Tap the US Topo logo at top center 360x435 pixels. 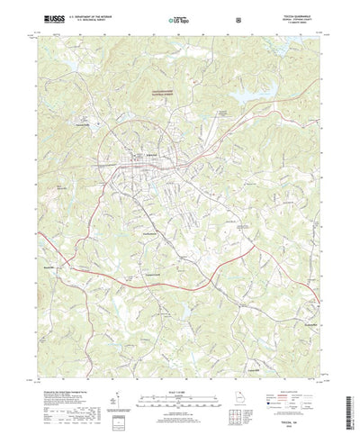pos(176,17)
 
